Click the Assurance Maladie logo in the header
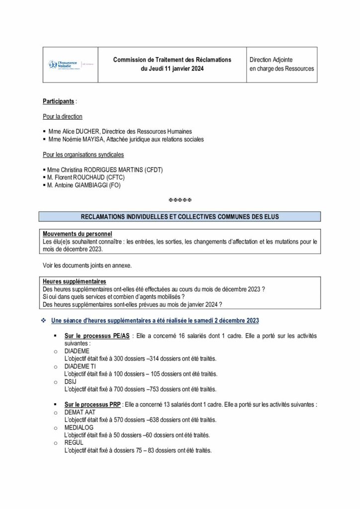click(65, 64)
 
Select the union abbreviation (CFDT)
click(152, 170)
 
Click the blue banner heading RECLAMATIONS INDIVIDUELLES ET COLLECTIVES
click(180, 216)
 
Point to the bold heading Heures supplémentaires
click(74, 281)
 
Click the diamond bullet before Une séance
click(44, 321)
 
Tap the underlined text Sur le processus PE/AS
click(97, 337)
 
